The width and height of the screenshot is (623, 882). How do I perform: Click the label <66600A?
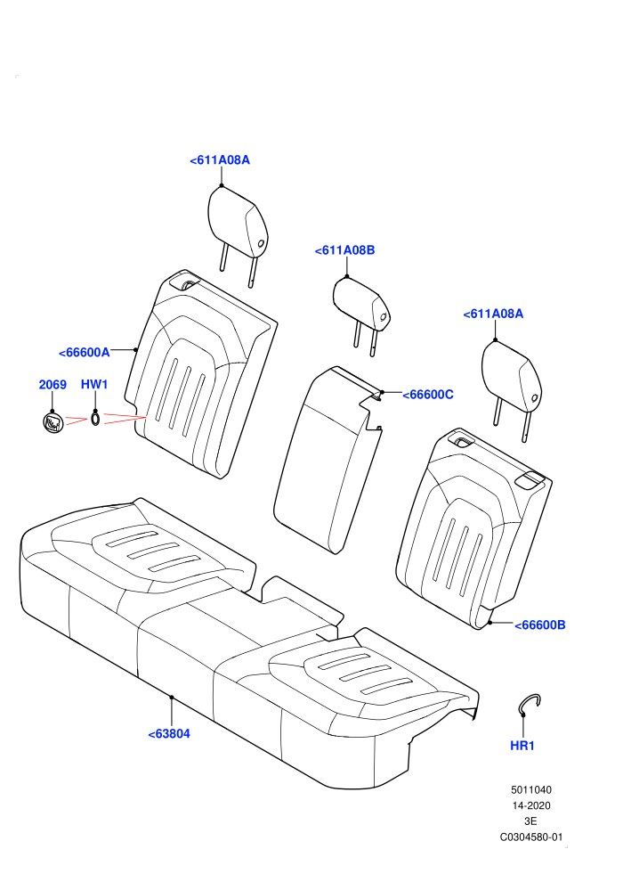[85, 353]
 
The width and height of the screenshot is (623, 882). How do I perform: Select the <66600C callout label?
[428, 395]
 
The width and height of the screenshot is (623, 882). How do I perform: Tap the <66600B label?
[540, 625]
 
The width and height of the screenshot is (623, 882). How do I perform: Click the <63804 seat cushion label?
[169, 734]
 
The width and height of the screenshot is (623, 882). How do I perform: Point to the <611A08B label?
[345, 250]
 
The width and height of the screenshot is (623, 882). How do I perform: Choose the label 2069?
[53, 385]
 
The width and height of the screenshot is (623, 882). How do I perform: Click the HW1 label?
[94, 385]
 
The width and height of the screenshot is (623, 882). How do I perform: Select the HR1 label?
[522, 746]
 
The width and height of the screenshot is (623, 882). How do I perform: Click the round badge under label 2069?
[53, 422]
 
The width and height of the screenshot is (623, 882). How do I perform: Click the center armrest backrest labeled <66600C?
[327, 460]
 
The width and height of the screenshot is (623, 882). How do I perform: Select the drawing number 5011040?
[530, 789]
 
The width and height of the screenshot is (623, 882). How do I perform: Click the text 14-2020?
[530, 805]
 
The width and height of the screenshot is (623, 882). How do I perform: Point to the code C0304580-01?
[530, 837]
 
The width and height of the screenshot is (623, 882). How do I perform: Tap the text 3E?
[530, 821]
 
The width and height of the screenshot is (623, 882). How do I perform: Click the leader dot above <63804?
[172, 697]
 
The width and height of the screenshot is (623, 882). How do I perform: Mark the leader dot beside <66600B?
[489, 623]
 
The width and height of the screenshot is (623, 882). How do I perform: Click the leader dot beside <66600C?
[382, 391]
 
